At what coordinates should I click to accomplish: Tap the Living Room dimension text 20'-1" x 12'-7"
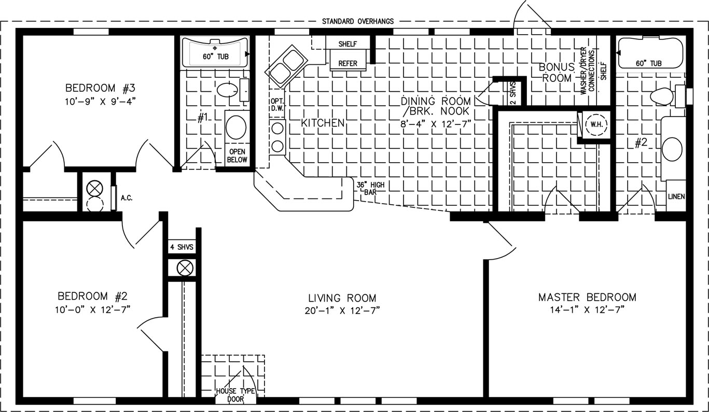point(342,310)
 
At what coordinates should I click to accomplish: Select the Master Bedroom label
point(587,297)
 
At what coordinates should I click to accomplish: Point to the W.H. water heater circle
point(596,124)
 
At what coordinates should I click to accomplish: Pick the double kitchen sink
point(286,67)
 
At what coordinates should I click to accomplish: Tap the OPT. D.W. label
point(277,104)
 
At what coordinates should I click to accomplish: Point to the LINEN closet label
point(676,196)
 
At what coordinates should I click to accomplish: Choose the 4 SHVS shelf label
point(182,247)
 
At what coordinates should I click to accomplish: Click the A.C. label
point(127,198)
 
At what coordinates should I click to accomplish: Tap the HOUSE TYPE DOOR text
point(235,395)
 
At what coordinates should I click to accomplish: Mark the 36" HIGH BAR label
point(370,188)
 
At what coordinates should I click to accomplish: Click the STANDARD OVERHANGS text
point(358,21)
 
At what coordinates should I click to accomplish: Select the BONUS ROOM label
point(557,73)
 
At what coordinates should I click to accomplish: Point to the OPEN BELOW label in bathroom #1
point(237,156)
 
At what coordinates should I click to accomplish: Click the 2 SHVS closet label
point(513,93)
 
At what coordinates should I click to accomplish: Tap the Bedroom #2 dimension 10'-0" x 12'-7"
point(92,309)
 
